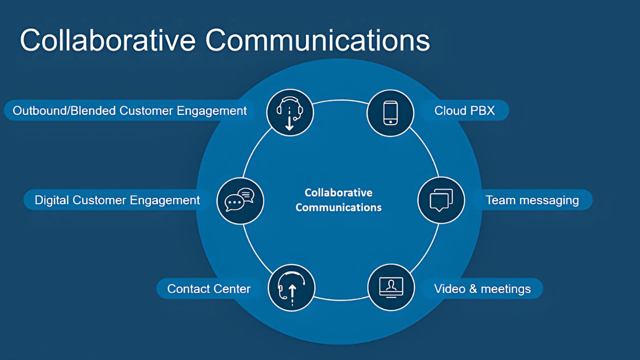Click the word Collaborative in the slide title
coord(107,40)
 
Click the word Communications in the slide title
coord(317,40)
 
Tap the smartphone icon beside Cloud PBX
coord(390,113)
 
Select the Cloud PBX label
coord(464,110)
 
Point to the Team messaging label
coord(532,200)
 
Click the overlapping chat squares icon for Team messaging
coord(441,200)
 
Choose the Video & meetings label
coord(482,289)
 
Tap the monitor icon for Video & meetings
coord(391,287)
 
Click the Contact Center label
coord(209,289)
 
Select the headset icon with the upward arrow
coord(291,288)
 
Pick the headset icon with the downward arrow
coord(289,113)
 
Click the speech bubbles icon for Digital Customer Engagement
coord(239,199)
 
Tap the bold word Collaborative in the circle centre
coord(338,192)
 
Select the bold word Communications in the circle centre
coord(338,207)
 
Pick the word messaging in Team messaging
coord(549,201)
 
